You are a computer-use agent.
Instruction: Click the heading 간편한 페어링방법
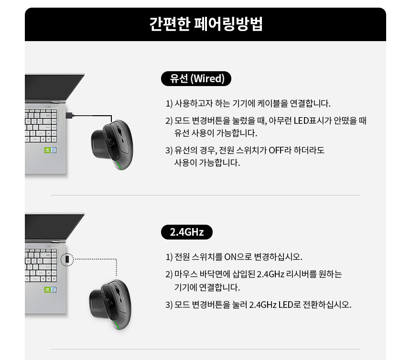tap(205, 24)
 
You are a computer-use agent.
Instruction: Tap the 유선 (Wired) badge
tap(196, 78)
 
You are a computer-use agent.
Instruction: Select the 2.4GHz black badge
tap(187, 232)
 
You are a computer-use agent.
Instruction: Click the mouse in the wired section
tap(112, 143)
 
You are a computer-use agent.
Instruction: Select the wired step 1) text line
tap(248, 103)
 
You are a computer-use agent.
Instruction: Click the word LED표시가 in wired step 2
tap(311, 120)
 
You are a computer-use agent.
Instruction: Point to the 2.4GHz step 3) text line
tap(259, 305)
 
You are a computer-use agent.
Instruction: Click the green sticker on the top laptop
tap(48, 149)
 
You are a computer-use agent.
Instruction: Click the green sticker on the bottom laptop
tap(48, 289)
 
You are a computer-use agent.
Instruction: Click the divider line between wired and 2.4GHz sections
tap(205, 196)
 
